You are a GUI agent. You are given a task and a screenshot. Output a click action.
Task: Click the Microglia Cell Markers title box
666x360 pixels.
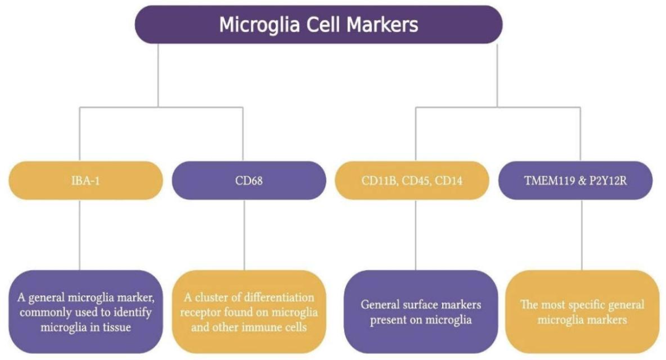(318, 25)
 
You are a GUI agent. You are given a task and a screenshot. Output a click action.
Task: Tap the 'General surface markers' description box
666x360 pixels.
(421, 311)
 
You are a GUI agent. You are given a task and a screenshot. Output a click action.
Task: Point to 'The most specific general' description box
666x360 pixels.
(582, 311)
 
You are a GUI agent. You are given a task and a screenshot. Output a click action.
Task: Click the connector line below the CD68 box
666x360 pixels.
(245, 234)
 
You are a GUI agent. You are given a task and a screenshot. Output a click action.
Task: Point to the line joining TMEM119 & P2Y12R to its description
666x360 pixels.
(582, 234)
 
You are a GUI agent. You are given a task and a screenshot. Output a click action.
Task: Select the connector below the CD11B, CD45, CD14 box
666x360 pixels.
(415, 234)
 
